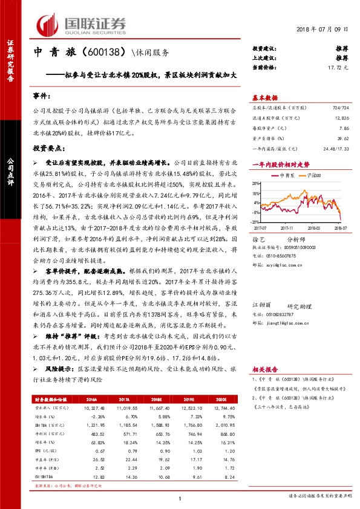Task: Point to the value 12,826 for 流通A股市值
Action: point(342,119)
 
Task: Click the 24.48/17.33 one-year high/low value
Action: point(338,148)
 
